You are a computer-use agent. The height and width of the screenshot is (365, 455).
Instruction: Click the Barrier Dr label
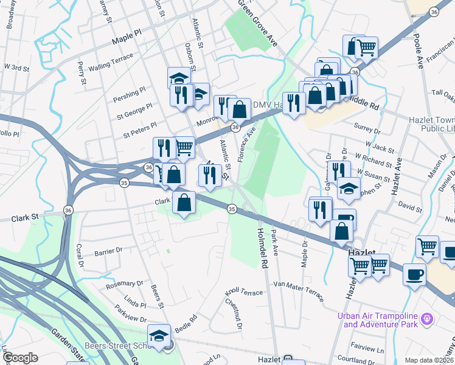(108, 249)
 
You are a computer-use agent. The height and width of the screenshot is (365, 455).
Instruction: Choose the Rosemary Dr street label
(124, 283)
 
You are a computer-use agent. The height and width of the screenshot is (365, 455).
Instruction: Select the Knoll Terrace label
(243, 293)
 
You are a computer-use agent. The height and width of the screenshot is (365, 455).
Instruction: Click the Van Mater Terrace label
(298, 284)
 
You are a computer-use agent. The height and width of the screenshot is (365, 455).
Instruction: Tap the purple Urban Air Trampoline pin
(427, 318)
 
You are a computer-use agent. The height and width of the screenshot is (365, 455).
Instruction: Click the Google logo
(20, 358)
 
